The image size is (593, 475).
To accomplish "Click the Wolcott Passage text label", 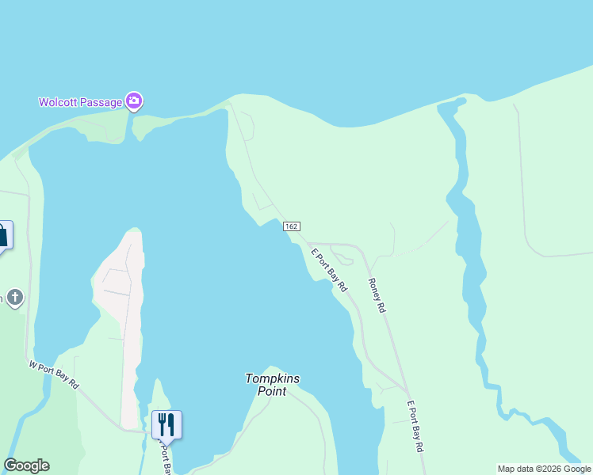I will click(x=81, y=102).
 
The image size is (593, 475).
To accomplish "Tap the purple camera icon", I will click(x=134, y=101).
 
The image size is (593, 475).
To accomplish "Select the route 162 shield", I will click(x=292, y=226).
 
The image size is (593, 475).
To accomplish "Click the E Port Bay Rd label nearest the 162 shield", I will click(x=329, y=271).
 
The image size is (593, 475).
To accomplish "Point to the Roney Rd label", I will click(x=377, y=294).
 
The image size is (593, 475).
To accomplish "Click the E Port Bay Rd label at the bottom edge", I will click(x=415, y=427).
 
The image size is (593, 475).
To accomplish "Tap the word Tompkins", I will click(x=273, y=378).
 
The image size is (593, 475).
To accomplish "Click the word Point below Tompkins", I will click(x=273, y=391).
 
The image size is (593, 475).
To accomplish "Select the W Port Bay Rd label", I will click(x=54, y=374).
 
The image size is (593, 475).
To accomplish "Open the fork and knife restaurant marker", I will click(x=166, y=424).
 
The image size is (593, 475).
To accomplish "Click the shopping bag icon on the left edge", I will click(x=2, y=235).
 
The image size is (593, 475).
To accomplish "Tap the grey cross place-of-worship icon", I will click(x=14, y=298).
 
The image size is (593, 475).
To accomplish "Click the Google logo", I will click(x=26, y=465).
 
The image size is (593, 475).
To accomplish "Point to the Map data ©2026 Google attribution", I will click(x=544, y=469).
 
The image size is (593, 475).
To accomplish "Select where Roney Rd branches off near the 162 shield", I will click(x=308, y=244).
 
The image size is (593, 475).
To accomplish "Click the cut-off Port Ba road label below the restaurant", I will click(x=165, y=458).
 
